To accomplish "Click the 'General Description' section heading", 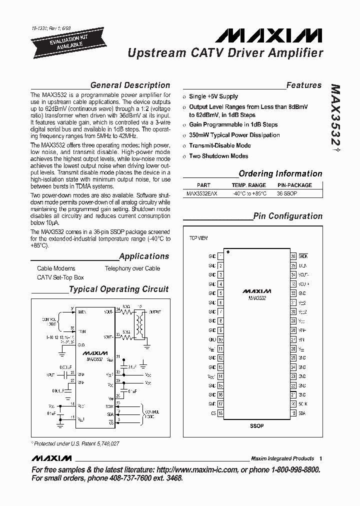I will [130, 85].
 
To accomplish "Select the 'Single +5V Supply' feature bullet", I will [213, 96].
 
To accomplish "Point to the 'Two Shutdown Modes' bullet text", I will [218, 156].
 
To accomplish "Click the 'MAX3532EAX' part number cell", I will [202, 192].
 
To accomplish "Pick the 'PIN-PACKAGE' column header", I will [294, 185].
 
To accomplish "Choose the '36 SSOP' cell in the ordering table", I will [287, 192].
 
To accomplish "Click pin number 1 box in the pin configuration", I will [220, 256].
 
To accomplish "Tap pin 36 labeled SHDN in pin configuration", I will [293, 256].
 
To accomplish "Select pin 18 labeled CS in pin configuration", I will [220, 413].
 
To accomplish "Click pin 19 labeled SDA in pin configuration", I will [293, 413].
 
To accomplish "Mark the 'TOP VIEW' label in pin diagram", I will [198, 238].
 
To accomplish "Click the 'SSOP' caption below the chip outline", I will [256, 425].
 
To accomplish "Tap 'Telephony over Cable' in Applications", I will [132, 268].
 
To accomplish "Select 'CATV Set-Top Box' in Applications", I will [60, 277].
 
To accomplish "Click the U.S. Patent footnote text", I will [76, 443].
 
